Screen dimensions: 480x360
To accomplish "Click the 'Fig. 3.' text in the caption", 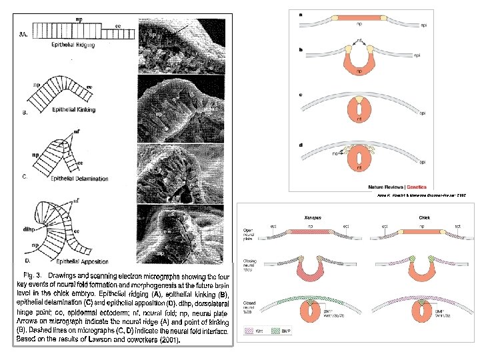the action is (x=35, y=275).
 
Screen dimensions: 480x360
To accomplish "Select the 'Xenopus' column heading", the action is (x=313, y=218).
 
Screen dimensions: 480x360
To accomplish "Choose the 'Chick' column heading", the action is (x=424, y=218).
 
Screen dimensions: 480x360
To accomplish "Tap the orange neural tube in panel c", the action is (x=359, y=113).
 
